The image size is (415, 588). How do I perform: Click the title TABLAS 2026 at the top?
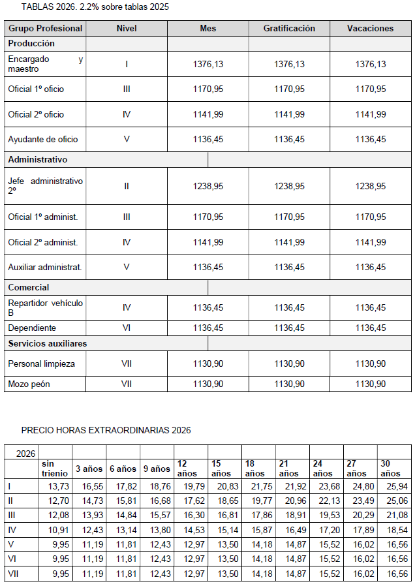pos(95,7)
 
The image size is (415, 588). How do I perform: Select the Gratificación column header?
pos(289,29)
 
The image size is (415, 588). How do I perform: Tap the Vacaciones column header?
pos(370,29)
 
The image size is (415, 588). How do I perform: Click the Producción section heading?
pos(31,44)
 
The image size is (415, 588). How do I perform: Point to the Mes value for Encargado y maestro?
pos(208,64)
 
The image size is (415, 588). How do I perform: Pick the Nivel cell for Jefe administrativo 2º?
pos(127,186)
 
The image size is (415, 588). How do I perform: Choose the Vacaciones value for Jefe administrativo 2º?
pos(370,186)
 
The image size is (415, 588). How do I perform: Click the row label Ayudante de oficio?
pos(42,139)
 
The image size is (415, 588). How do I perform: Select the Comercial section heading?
pos(29,287)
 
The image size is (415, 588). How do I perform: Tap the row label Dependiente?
pos(32,328)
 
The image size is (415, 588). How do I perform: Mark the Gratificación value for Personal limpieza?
pos(289,364)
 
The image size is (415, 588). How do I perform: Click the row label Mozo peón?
pos(29,384)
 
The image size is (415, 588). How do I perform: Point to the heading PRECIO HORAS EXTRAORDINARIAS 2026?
pos(106,430)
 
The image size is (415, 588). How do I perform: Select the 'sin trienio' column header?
pos(54,468)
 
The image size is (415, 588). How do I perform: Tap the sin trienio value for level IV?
pos(55,529)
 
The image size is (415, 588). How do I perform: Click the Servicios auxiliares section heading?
pos(47,343)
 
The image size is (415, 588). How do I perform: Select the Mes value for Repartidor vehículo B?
pos(208,307)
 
